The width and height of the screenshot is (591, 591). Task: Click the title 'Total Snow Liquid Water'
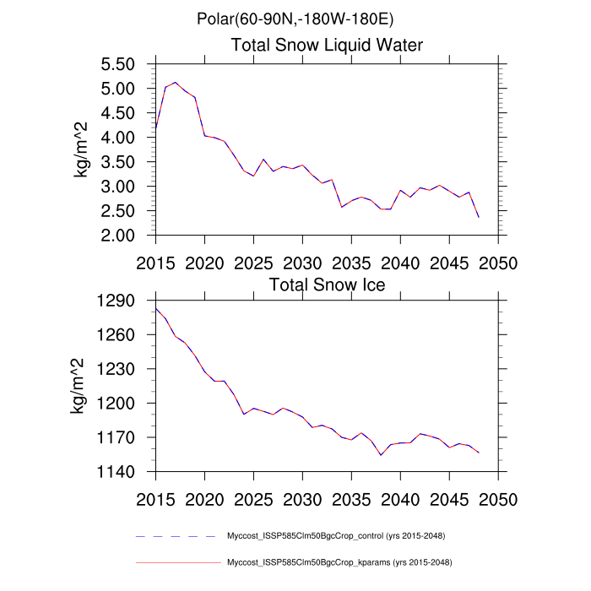pyautogui.click(x=327, y=46)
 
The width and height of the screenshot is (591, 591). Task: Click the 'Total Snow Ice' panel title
pyautogui.click(x=327, y=285)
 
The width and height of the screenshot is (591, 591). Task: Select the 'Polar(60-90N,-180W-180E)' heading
pyautogui.click(x=295, y=19)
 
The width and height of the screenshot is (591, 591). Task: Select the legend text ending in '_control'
pyautogui.click(x=336, y=536)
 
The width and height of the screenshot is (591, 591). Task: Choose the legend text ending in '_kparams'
pyautogui.click(x=336, y=562)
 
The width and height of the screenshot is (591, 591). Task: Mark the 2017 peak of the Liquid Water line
pyautogui.click(x=176, y=83)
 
